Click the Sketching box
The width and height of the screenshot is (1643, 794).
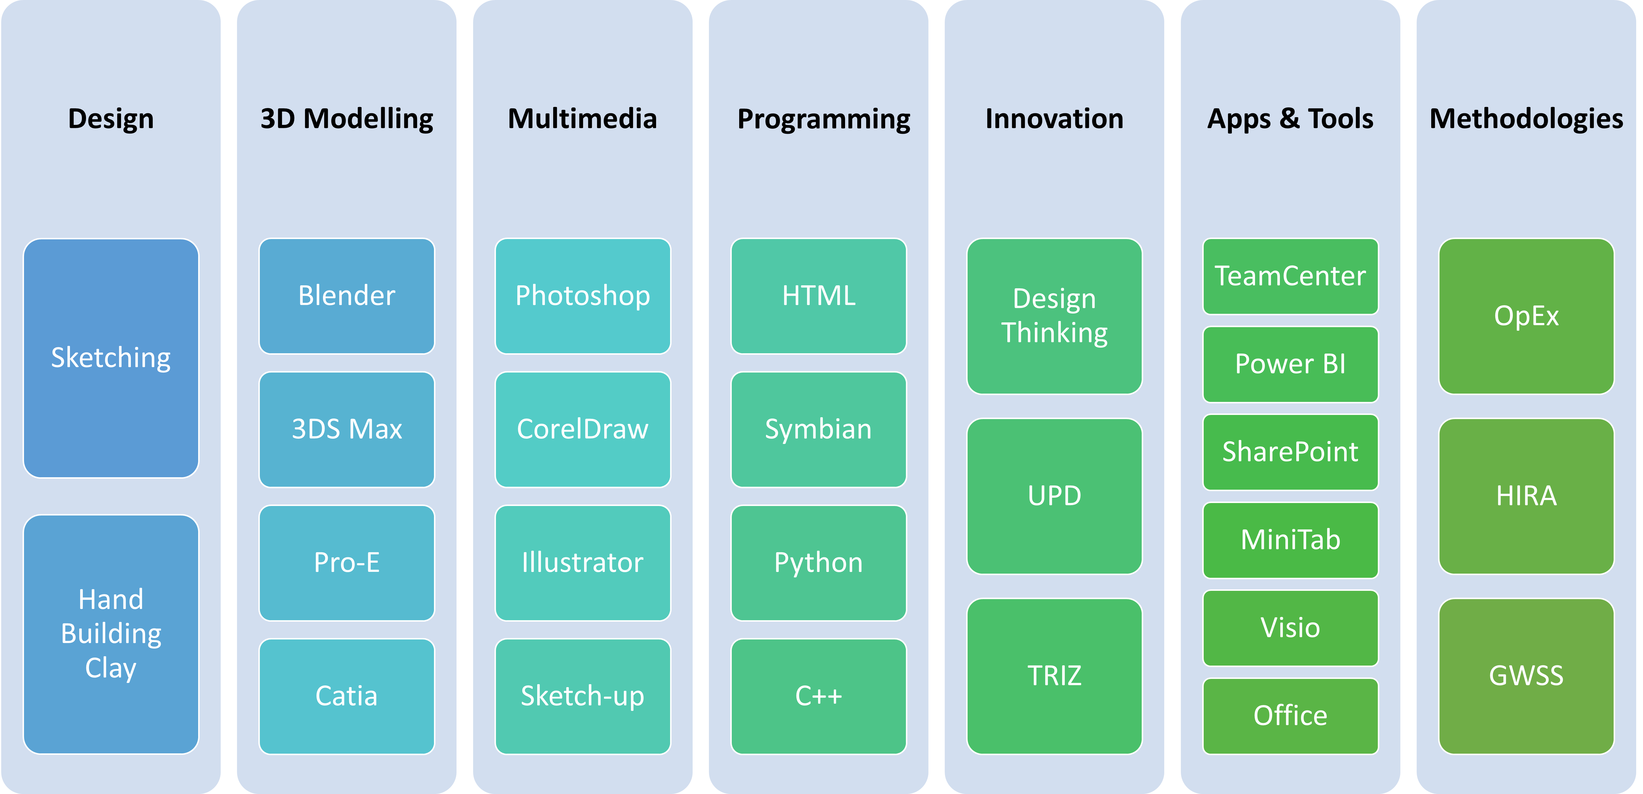click(x=111, y=358)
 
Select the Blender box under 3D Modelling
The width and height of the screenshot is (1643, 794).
click(x=346, y=296)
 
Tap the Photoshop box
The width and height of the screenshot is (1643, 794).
click(x=582, y=296)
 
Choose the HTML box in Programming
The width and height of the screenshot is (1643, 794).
click(x=818, y=296)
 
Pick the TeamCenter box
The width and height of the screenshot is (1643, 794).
click(x=1290, y=276)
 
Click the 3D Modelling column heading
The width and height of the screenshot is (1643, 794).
click(x=346, y=119)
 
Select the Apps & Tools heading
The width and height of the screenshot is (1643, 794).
click(x=1290, y=119)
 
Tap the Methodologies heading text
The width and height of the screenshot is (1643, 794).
click(x=1526, y=119)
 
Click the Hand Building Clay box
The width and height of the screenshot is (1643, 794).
click(x=111, y=634)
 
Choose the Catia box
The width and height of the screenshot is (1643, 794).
click(x=346, y=696)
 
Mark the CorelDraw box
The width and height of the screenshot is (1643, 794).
click(x=582, y=429)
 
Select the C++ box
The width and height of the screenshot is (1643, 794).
click(x=818, y=696)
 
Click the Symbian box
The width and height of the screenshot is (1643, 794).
click(x=818, y=429)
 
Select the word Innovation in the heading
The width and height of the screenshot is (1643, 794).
click(x=1054, y=119)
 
